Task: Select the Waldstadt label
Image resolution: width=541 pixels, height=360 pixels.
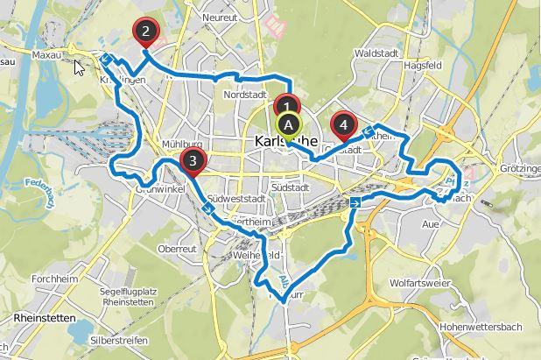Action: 376,53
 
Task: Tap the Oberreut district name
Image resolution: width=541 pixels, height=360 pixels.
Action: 176,249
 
